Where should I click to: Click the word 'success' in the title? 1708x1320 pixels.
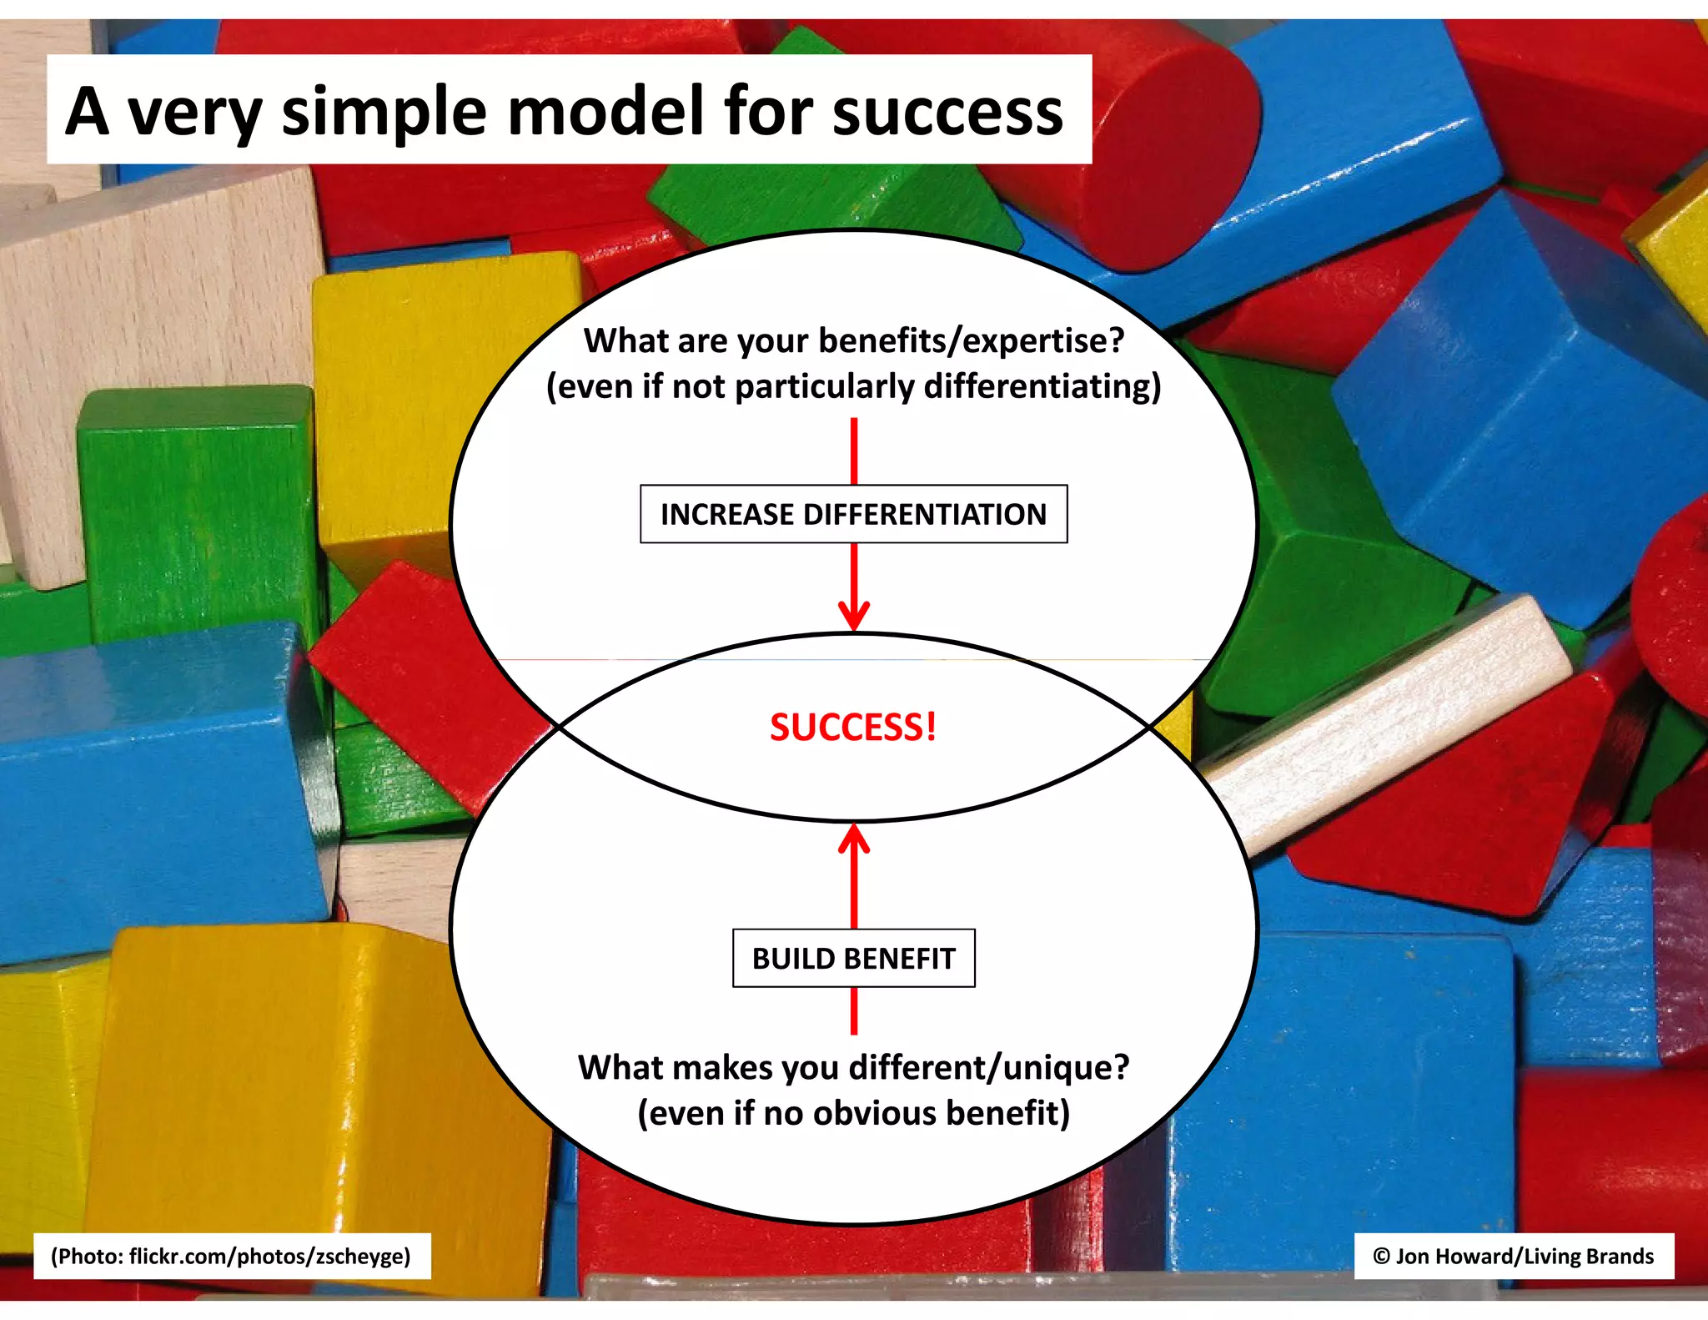(x=947, y=112)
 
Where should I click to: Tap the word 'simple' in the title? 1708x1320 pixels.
(x=384, y=112)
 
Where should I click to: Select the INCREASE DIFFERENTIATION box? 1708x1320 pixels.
(x=853, y=514)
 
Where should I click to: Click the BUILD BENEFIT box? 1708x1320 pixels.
(x=853, y=958)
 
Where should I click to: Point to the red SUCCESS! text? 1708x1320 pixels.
(x=852, y=727)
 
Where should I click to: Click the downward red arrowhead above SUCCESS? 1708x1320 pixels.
(x=853, y=617)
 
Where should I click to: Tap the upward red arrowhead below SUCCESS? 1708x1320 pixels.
(x=853, y=838)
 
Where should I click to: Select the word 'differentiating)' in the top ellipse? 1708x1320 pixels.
(x=1042, y=387)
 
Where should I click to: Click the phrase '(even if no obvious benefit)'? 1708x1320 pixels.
(x=853, y=1114)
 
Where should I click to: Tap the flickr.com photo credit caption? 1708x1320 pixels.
(x=231, y=1256)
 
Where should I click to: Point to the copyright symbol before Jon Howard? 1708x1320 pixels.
(x=1381, y=1256)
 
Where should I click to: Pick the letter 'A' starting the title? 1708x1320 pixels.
(x=88, y=112)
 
